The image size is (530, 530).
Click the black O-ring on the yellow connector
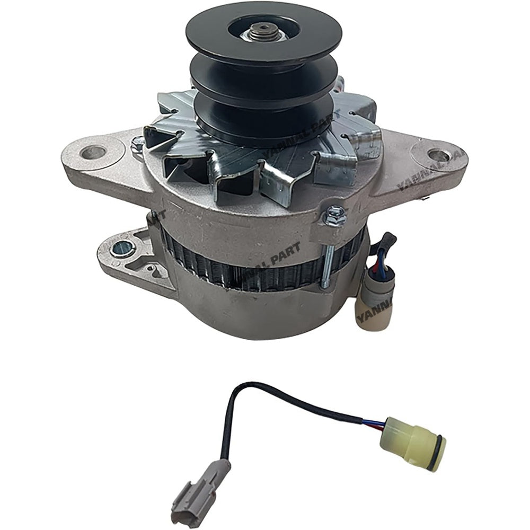[440, 454]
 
